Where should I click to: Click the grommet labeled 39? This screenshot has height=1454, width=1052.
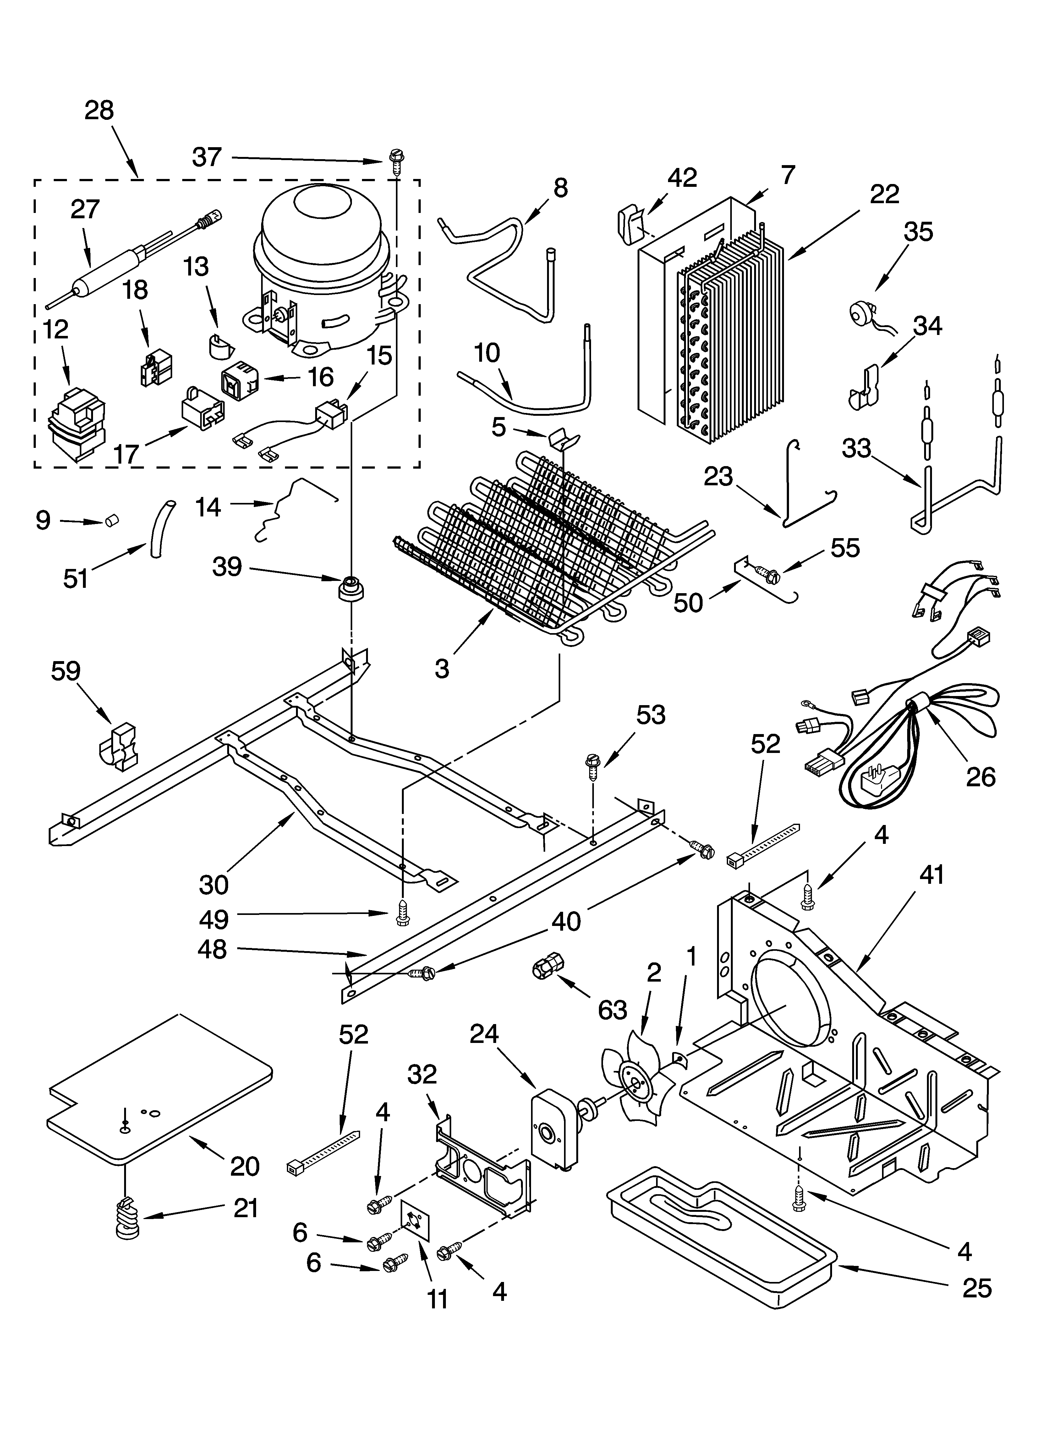point(350,588)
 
